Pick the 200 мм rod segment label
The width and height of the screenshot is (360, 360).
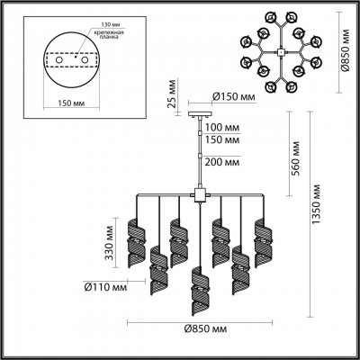(222, 162)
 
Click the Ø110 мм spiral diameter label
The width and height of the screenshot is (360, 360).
(95, 289)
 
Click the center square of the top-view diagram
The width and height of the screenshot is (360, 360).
(283, 51)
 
